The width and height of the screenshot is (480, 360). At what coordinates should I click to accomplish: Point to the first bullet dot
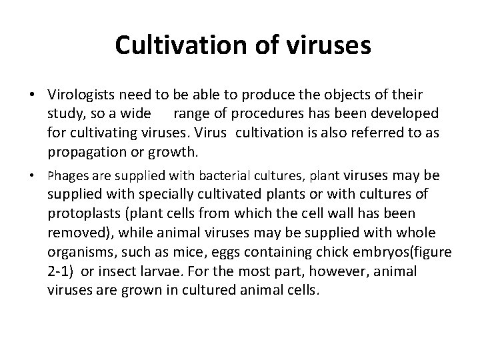pos(32,95)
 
